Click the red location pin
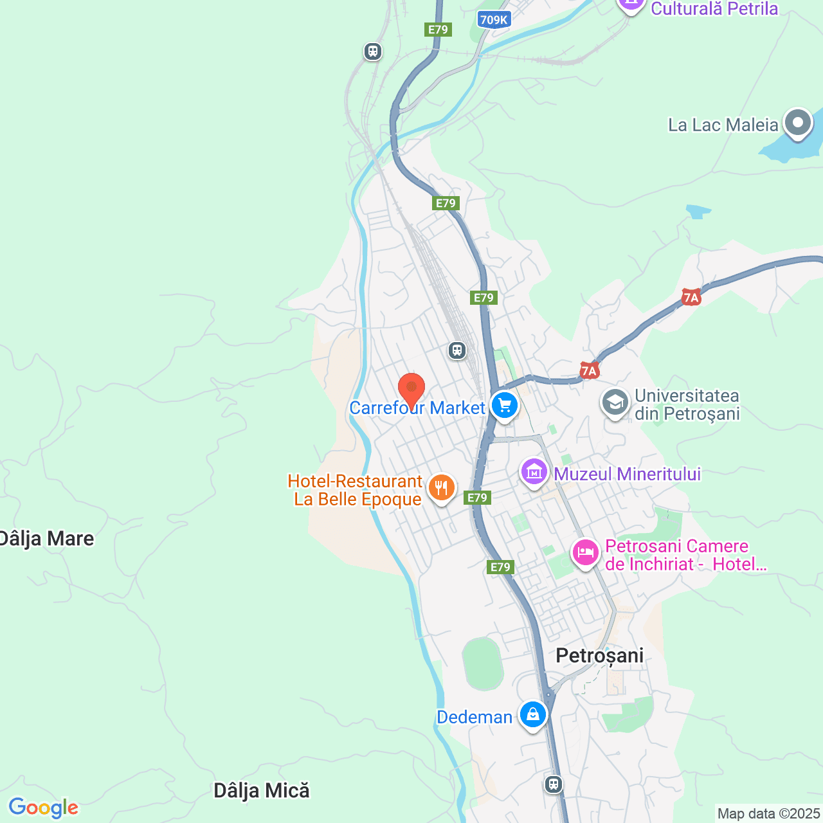[411, 389]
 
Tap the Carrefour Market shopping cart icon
[505, 406]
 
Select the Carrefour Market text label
[417, 408]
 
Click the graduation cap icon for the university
[615, 403]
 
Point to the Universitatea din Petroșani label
[687, 404]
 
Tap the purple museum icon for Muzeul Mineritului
[534, 473]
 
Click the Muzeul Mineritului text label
[627, 474]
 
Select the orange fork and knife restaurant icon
[441, 488]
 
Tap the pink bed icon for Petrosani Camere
[585, 552]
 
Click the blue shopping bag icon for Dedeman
[533, 714]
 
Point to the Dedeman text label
[475, 717]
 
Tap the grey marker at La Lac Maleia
[798, 122]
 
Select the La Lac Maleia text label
[723, 125]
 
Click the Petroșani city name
[599, 655]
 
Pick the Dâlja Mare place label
[47, 539]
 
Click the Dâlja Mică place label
[261, 790]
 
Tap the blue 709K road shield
[494, 20]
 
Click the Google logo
[43, 808]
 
